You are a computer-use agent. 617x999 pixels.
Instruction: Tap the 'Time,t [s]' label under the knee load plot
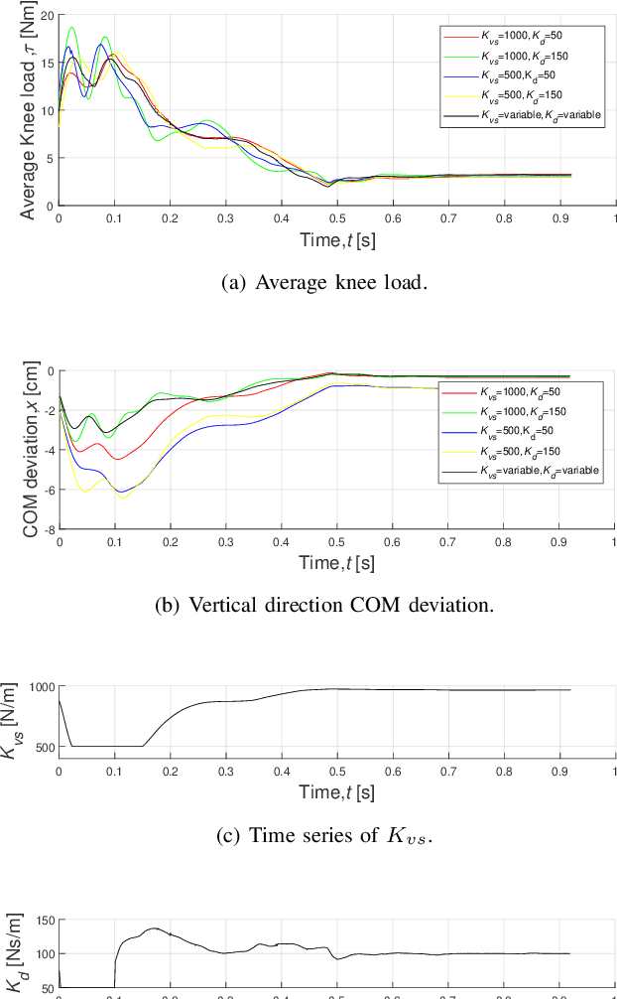coord(337,240)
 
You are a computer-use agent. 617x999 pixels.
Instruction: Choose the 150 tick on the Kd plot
coord(42,921)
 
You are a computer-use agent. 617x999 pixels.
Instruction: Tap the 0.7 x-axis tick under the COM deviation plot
coord(448,543)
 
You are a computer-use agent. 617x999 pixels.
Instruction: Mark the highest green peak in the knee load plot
coord(70,28)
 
